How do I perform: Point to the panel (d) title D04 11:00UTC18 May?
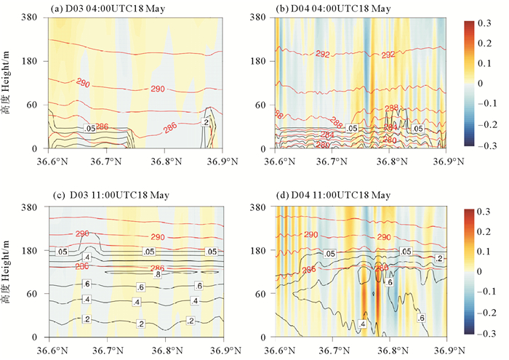(332, 196)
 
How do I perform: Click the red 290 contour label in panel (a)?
(157, 89)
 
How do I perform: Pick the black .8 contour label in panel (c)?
(156, 273)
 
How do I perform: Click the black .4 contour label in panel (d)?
(361, 324)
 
